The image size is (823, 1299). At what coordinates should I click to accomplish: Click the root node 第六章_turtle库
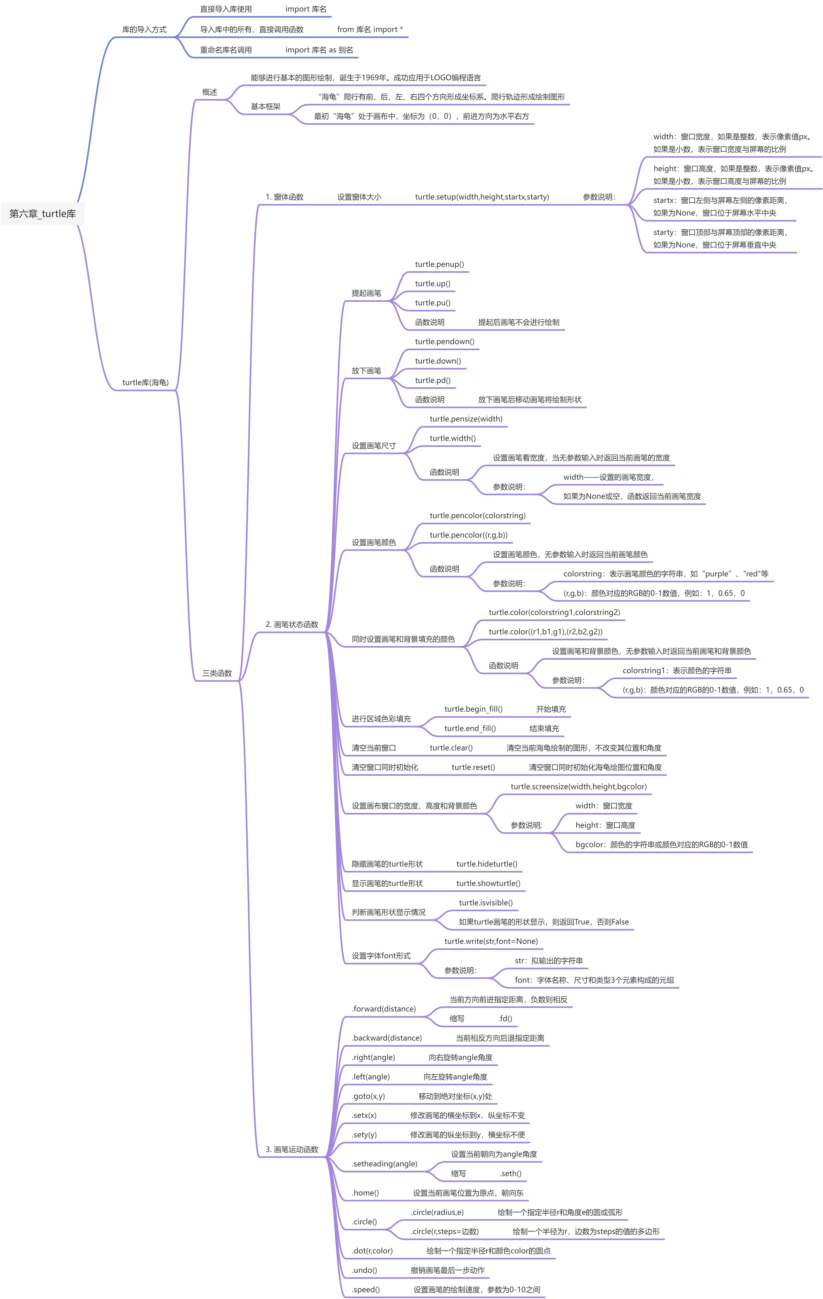point(43,214)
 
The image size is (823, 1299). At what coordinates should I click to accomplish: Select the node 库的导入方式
point(144,30)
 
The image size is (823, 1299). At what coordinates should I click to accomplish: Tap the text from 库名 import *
point(370,30)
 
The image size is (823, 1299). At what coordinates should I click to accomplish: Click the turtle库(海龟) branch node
point(146,382)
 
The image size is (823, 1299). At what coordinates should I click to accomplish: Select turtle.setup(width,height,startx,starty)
point(482,197)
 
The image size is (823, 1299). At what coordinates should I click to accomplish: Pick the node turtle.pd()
point(432,380)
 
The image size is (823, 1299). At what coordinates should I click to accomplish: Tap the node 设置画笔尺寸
point(374,446)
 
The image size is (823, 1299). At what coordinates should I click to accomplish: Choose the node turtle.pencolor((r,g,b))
point(469,535)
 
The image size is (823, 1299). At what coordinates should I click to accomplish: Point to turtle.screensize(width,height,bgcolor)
point(579,787)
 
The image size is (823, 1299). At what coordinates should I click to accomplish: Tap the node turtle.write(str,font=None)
point(491,941)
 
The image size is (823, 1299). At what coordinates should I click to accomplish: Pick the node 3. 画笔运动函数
point(292,1150)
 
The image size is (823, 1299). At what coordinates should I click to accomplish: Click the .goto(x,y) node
point(368,1096)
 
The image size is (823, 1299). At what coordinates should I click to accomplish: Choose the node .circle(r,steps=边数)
point(445,1232)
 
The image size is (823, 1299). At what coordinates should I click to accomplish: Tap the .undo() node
point(365,1270)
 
